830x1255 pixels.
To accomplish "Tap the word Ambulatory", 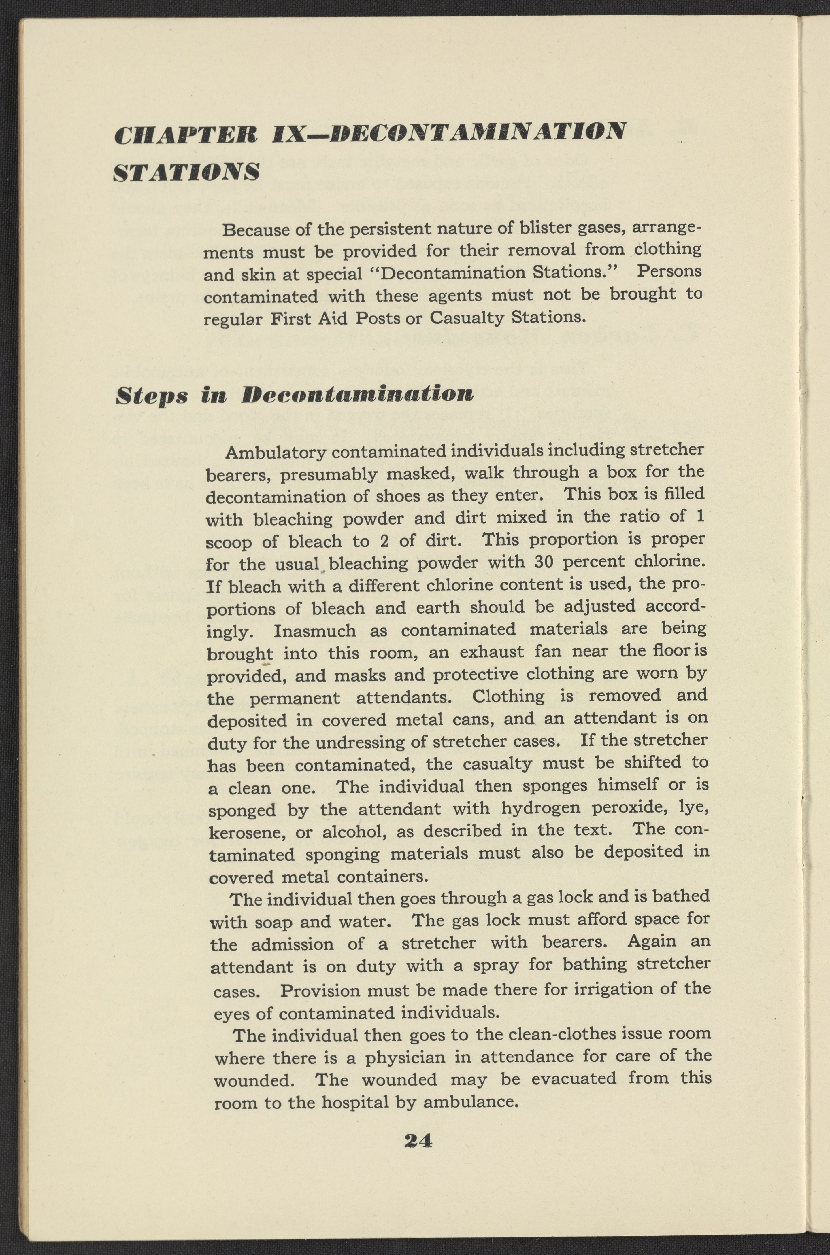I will (276, 453).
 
